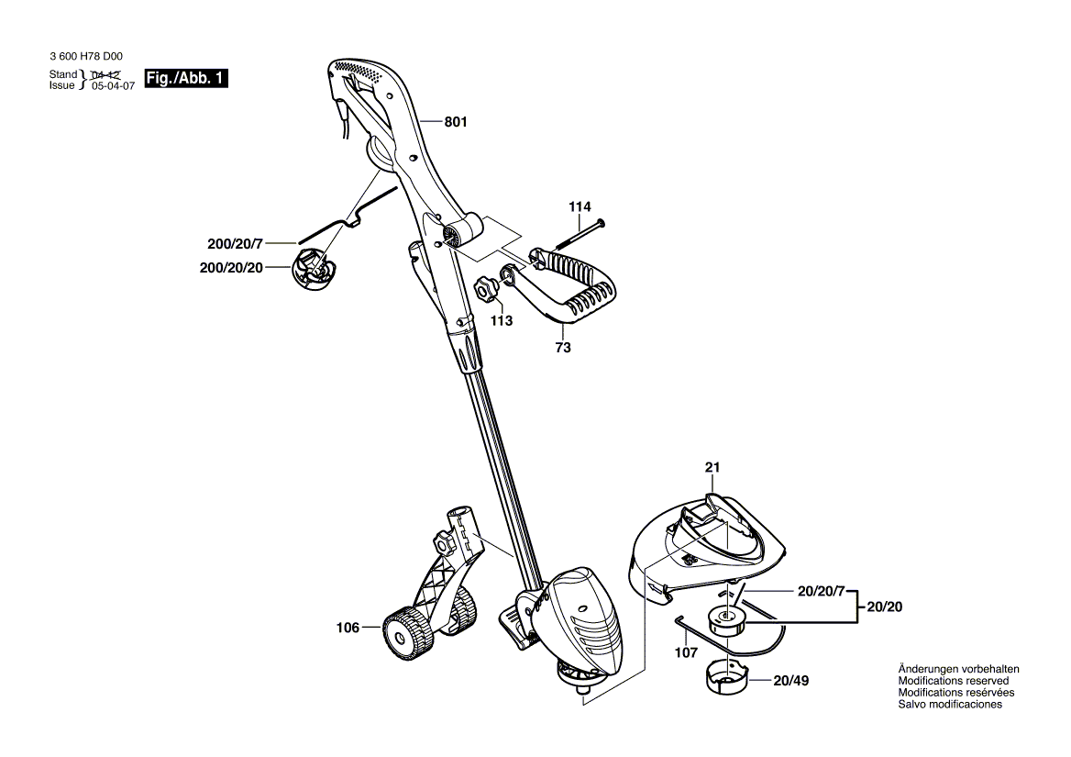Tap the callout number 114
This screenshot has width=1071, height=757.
pyautogui.click(x=580, y=207)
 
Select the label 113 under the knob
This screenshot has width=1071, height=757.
pyautogui.click(x=501, y=321)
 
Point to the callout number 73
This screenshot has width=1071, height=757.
pyautogui.click(x=563, y=348)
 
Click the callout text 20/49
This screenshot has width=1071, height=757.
pyautogui.click(x=790, y=682)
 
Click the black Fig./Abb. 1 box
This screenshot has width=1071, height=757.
pyautogui.click(x=186, y=79)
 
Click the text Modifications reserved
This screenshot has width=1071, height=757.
pyautogui.click(x=953, y=681)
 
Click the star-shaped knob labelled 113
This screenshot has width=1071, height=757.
pyautogui.click(x=485, y=292)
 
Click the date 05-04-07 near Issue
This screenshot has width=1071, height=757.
pyautogui.click(x=113, y=84)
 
